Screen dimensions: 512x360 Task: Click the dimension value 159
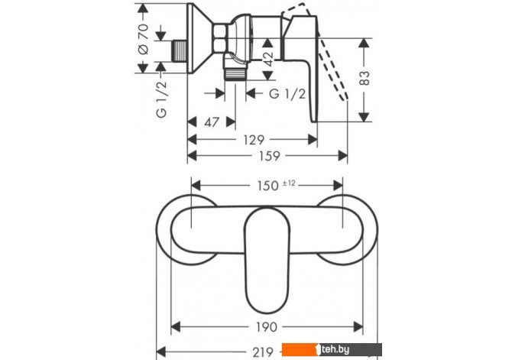tap(270, 156)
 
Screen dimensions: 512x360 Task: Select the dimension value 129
tap(254, 140)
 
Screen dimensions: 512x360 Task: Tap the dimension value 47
tap(212, 122)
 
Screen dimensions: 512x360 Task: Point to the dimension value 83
tap(365, 78)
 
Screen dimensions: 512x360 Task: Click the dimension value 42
tap(268, 59)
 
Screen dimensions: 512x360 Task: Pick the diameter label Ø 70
tap(143, 38)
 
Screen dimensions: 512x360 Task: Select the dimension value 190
tap(267, 326)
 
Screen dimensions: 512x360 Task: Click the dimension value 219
tap(263, 352)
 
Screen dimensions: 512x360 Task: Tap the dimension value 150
tap(267, 186)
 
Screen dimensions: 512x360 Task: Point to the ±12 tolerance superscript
tap(289, 183)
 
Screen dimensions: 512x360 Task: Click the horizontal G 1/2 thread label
tap(287, 94)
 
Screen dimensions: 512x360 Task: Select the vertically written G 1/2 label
tap(162, 99)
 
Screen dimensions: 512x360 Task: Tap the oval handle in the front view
tap(267, 260)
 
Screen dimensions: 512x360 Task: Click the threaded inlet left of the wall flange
tap(179, 51)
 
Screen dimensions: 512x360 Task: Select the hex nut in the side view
tap(219, 38)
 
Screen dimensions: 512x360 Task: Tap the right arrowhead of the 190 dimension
tap(358, 326)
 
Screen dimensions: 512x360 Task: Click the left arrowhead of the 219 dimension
tap(161, 352)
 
